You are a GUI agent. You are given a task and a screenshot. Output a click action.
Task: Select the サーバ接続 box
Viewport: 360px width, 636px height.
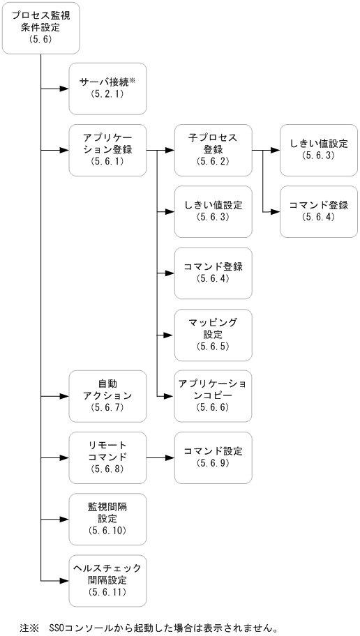(x=107, y=89)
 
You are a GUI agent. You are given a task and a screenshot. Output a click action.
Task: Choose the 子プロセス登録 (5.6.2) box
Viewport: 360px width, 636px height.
(x=213, y=150)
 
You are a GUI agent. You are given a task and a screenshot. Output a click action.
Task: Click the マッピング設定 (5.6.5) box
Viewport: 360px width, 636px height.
(x=213, y=334)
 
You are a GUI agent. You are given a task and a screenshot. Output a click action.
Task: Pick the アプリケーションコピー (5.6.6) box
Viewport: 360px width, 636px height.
(x=213, y=395)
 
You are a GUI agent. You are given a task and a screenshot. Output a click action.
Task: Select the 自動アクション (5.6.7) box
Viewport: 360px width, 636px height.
(x=107, y=395)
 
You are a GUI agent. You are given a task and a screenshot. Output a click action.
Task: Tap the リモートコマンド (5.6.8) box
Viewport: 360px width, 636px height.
(x=107, y=457)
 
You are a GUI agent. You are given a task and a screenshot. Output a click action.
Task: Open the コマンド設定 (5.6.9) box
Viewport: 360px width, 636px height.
(x=213, y=457)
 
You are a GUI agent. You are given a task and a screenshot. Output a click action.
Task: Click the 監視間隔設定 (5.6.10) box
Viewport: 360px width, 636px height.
(x=107, y=519)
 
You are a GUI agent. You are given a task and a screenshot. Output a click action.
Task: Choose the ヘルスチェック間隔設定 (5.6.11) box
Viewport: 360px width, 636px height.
(x=107, y=580)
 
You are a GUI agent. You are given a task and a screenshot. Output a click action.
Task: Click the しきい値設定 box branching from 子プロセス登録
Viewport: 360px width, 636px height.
(x=319, y=150)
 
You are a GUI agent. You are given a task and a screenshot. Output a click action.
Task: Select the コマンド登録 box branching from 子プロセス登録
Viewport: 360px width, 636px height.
(x=319, y=211)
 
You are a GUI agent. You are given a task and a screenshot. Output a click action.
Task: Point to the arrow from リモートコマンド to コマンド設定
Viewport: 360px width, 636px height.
(x=160, y=458)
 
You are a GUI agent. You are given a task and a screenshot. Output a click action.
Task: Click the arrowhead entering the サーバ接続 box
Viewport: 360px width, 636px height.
(x=64, y=89)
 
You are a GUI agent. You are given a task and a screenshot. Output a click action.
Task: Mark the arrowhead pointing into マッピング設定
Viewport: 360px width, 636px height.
(x=170, y=335)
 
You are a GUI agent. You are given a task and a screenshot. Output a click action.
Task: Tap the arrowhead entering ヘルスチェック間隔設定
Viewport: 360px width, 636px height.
(x=64, y=580)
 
